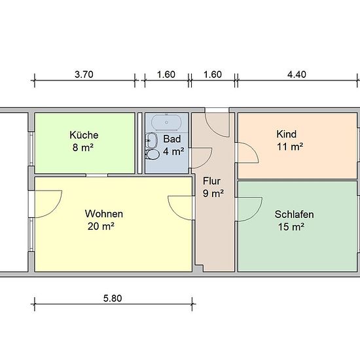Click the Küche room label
pos(84,135)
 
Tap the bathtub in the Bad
pos(166,123)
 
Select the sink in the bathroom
pos(151,140)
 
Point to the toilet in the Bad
pos(153,154)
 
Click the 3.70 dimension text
pos(84,75)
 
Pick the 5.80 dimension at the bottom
pos(113,298)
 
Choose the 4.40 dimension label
pos(297,75)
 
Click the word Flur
pos(211,181)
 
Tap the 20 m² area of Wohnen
pos(101,226)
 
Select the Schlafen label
pos(294,214)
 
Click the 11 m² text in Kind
pos(290,147)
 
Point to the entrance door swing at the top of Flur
pos(217,124)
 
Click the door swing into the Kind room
pos(247,153)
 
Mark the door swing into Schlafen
pos(250,209)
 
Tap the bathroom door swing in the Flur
pos(201,158)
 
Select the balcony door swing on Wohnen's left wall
pos(48,204)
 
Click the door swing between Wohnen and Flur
pos(181,207)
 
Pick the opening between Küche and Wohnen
pos(97,175)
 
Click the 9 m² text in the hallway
pos(213,194)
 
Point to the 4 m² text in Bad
pos(173,151)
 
